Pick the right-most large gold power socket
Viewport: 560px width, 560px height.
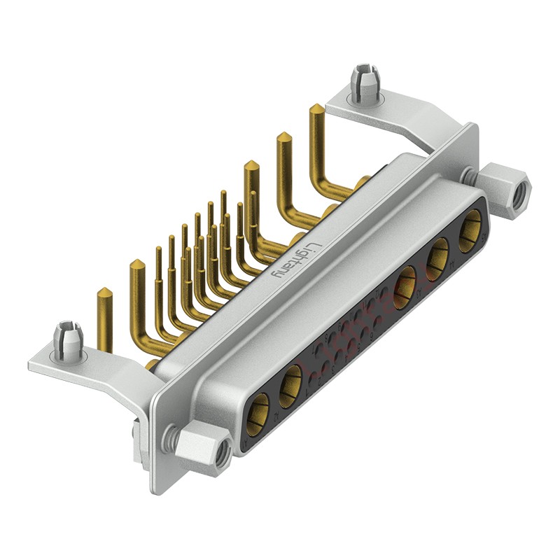470,227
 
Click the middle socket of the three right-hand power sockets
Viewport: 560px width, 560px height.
439,253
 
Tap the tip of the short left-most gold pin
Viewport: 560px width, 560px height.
104,291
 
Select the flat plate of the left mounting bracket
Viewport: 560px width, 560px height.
84,365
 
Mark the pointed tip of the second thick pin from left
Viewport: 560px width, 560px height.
137,265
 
